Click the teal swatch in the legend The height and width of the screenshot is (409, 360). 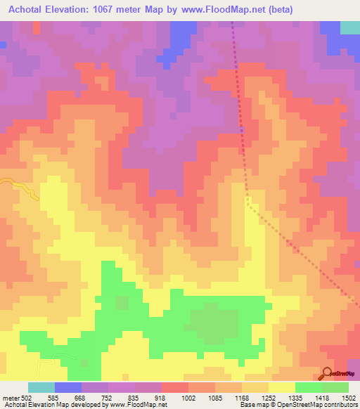[x=41, y=387]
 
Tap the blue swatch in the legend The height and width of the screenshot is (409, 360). [x=68, y=387]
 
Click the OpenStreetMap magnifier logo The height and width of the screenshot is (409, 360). [x=328, y=372]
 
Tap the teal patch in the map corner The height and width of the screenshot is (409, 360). [x=349, y=27]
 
